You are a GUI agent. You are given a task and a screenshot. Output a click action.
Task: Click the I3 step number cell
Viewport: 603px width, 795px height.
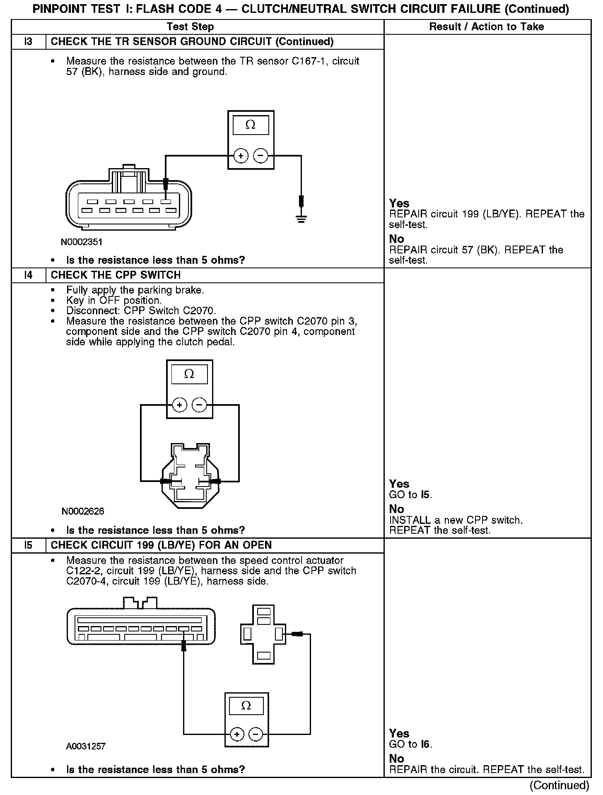click(x=28, y=42)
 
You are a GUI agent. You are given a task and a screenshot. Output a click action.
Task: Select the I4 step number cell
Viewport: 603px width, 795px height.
click(x=28, y=275)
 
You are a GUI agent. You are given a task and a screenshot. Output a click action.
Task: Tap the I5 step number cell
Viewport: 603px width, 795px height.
click(x=28, y=545)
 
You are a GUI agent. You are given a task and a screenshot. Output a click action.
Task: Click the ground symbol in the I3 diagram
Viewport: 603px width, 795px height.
click(x=301, y=219)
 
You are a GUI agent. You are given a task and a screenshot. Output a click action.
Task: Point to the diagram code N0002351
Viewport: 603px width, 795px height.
click(x=82, y=242)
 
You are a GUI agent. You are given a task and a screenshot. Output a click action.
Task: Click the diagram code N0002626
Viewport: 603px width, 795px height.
click(x=83, y=511)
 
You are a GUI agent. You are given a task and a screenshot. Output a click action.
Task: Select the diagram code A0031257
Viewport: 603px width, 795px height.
click(x=86, y=747)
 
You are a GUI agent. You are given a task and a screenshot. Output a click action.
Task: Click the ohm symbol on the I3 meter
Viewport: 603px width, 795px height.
click(x=251, y=125)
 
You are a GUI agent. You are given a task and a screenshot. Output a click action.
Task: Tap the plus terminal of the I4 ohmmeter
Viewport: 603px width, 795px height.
click(x=180, y=405)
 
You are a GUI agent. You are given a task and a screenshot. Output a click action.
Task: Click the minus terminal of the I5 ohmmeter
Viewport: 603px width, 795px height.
click(x=256, y=735)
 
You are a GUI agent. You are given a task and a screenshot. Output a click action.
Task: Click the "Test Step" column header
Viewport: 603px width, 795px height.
click(x=190, y=27)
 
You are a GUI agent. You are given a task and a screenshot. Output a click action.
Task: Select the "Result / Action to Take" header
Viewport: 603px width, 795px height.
click(x=487, y=27)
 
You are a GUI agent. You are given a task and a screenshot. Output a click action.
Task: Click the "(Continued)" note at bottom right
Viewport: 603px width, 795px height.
click(x=559, y=785)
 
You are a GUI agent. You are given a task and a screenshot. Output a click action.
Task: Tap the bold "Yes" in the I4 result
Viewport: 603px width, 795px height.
click(x=399, y=484)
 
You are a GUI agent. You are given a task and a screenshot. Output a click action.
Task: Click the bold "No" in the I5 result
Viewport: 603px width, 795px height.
click(x=396, y=759)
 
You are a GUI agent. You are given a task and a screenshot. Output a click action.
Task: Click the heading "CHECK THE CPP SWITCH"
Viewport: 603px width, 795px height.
click(x=116, y=275)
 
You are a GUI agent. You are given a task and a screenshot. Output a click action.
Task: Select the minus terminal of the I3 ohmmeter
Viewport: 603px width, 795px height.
click(x=260, y=156)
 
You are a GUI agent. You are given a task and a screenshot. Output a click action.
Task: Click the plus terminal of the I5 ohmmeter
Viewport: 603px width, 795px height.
click(x=236, y=735)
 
